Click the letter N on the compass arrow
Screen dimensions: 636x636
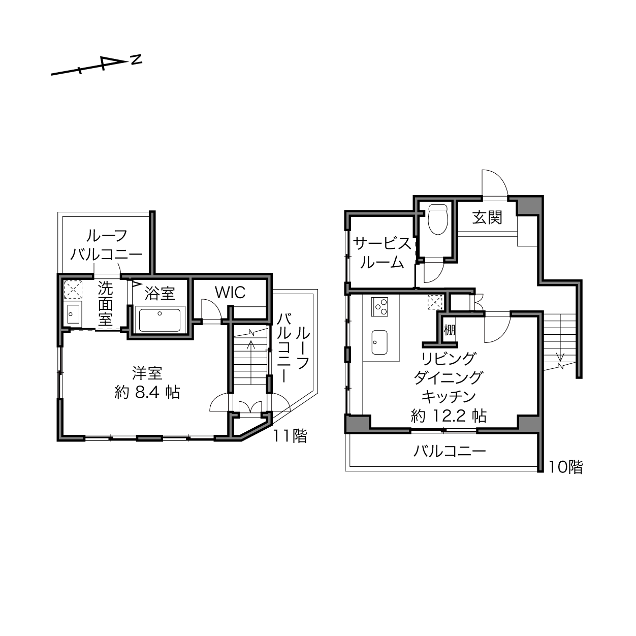tap(136, 60)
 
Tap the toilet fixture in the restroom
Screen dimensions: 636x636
tap(438, 219)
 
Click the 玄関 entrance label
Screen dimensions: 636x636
tap(487, 218)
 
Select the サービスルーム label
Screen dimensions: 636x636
tap(382, 253)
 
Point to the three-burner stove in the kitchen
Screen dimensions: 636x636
tap(379, 307)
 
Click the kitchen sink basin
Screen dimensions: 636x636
tap(379, 342)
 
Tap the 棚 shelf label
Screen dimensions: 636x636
tap(450, 330)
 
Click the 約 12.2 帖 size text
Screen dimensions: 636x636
tap(449, 416)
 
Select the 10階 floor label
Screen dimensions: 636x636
tap(566, 467)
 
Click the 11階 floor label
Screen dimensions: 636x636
tap(290, 436)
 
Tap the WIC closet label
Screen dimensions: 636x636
tap(230, 293)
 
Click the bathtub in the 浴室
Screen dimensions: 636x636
tap(160, 320)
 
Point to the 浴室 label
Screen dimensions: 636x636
tap(160, 293)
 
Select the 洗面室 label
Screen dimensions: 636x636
tap(105, 304)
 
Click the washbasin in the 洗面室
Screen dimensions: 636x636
tap(73, 313)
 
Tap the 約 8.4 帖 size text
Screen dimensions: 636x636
tap(147, 393)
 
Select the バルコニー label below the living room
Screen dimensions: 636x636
tap(450, 451)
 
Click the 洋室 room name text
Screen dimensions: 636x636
tap(147, 373)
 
